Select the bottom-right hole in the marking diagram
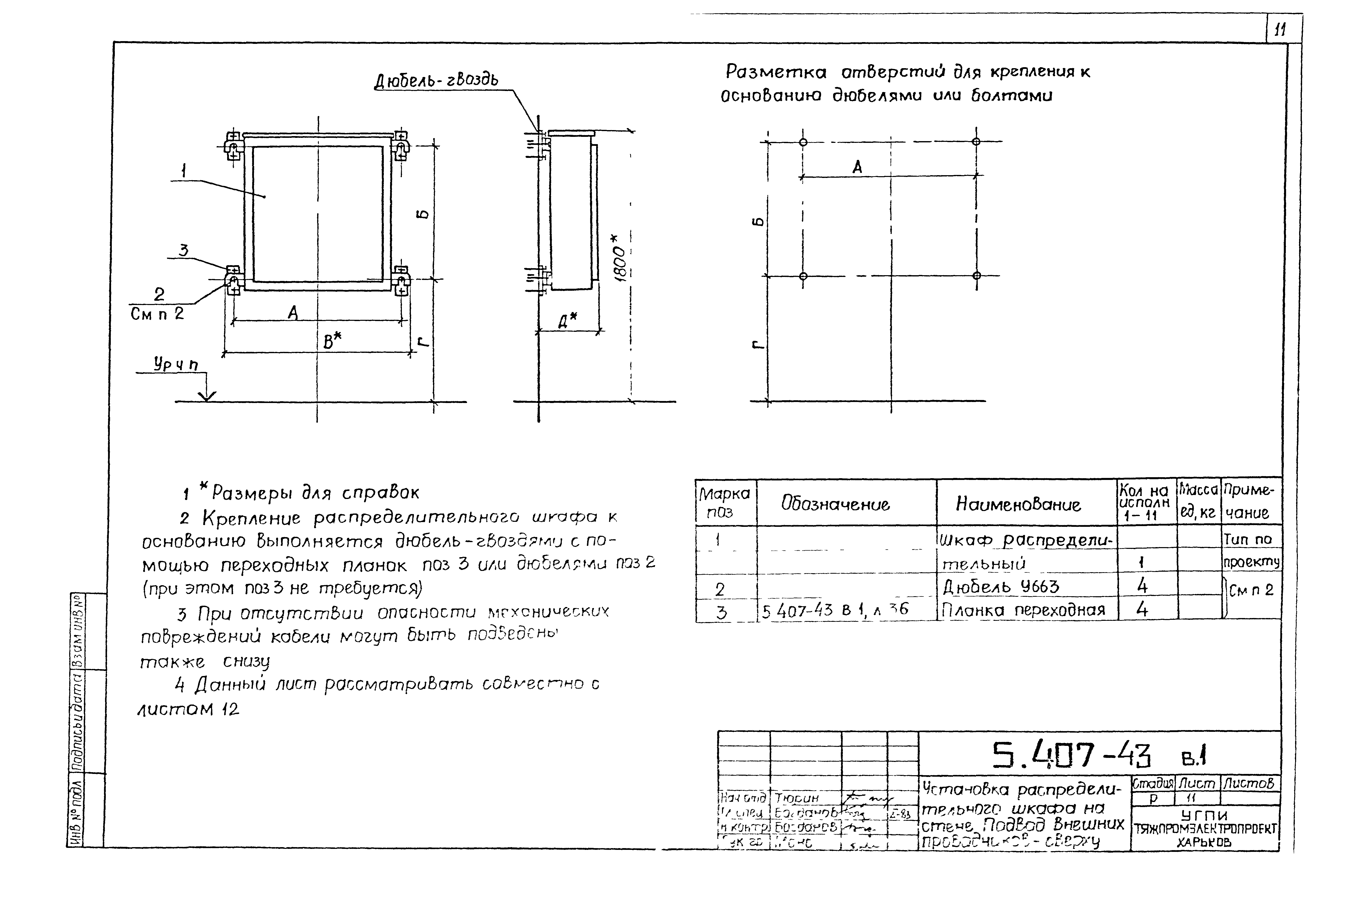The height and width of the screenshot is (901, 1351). tap(976, 276)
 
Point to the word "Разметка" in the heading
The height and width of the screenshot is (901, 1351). tap(776, 72)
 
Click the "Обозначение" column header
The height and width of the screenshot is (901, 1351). tap(835, 504)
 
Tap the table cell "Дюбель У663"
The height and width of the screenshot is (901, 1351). tap(1001, 587)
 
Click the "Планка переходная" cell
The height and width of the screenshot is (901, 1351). tap(1023, 610)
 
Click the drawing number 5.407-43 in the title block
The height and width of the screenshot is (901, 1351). tap(1072, 756)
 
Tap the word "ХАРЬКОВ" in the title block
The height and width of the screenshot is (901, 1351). tap(1204, 842)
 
